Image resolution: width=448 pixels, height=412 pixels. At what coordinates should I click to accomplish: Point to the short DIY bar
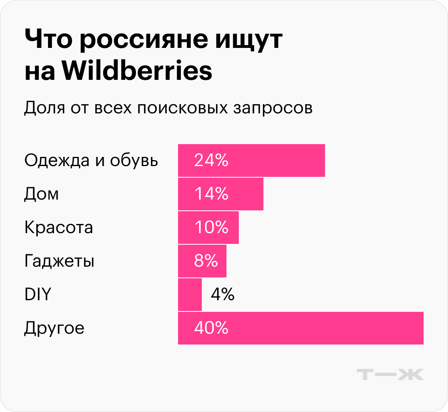point(190,295)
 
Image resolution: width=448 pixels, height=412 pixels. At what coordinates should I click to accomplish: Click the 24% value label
point(211,160)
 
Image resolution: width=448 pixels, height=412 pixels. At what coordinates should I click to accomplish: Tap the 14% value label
point(211,194)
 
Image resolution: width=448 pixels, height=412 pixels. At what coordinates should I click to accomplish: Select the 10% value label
point(211,228)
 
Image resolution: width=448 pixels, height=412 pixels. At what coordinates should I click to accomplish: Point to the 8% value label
point(206,261)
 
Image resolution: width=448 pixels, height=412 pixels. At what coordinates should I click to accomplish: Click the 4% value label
point(222,295)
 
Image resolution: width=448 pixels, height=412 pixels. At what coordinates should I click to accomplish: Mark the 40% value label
point(211,328)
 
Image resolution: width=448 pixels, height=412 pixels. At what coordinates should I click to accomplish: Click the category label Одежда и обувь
point(91,160)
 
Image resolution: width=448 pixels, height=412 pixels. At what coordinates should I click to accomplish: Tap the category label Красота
point(58,228)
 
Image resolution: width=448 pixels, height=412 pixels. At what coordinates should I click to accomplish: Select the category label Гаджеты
point(59,261)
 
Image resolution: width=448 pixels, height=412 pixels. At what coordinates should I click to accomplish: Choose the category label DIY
point(38,295)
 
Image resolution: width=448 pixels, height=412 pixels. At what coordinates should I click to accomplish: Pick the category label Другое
point(54,329)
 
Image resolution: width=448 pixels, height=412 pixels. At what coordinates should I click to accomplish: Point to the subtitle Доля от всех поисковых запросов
point(168,108)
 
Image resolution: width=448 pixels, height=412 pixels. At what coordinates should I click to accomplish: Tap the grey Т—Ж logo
point(390,374)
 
